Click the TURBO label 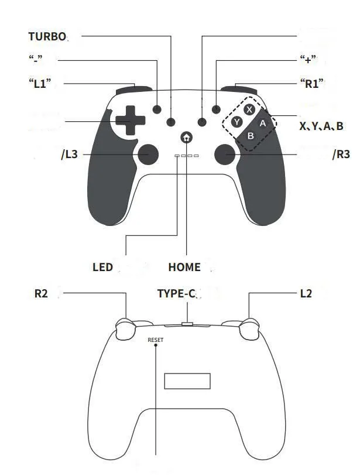(x=47, y=36)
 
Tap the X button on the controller (x=249, y=109)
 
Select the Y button (x=236, y=122)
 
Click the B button (x=251, y=135)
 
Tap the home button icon (x=186, y=137)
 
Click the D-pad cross (x=130, y=120)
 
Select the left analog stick (x=148, y=154)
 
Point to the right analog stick (x=225, y=154)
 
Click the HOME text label (x=184, y=267)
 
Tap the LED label (x=102, y=267)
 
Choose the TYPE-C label (x=176, y=293)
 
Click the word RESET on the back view (x=155, y=340)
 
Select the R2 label (x=41, y=293)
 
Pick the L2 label (x=306, y=293)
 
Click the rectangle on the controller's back (x=187, y=381)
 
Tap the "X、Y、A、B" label (x=321, y=126)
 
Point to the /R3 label (x=341, y=154)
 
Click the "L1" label (x=40, y=83)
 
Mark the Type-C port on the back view (x=187, y=324)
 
